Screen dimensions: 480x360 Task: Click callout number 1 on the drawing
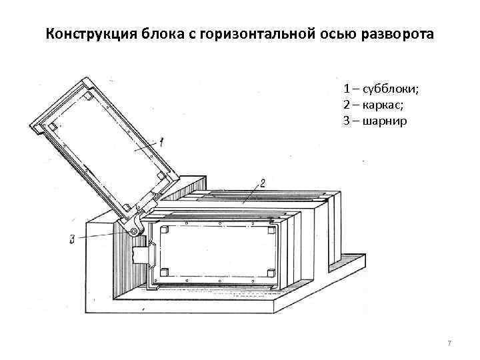[161, 141]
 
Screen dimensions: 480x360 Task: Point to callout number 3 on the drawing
[72, 239]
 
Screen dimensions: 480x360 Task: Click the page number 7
[449, 343]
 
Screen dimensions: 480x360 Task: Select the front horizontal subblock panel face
[217, 251]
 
